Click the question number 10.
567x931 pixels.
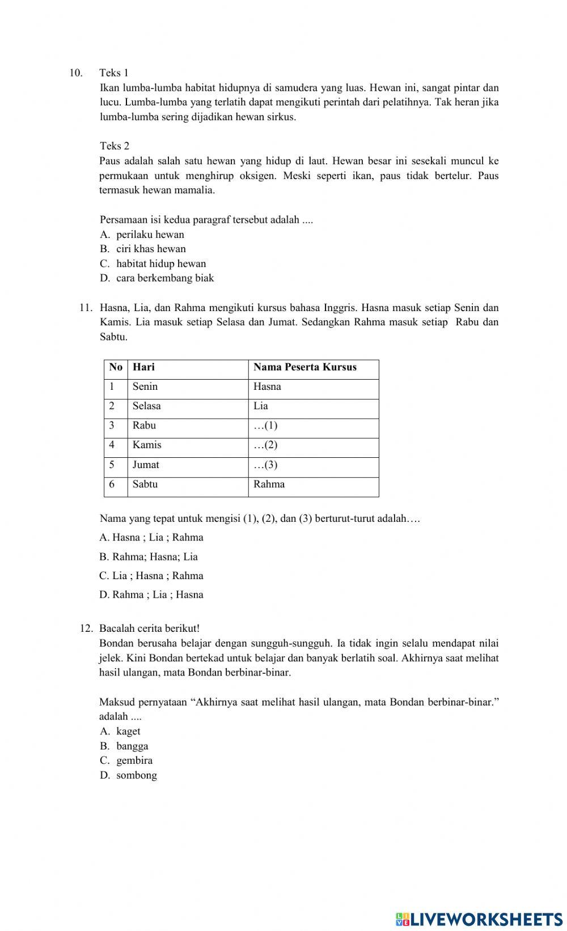coord(75,73)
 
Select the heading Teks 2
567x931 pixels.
coord(115,146)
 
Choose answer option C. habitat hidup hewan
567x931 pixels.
coord(153,263)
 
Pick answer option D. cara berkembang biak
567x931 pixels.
coord(157,278)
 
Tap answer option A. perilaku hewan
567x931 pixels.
coord(142,235)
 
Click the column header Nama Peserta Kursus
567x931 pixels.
coord(305,367)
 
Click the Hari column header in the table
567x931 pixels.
coord(143,367)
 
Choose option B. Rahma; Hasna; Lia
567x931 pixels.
coord(149,556)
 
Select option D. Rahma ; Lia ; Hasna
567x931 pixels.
coord(151,594)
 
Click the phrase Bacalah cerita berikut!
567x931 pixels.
coord(149,628)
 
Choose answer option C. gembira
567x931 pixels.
coord(126,760)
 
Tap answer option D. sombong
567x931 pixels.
coord(129,775)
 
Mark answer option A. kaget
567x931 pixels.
coord(120,732)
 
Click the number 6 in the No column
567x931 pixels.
coord(112,484)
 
